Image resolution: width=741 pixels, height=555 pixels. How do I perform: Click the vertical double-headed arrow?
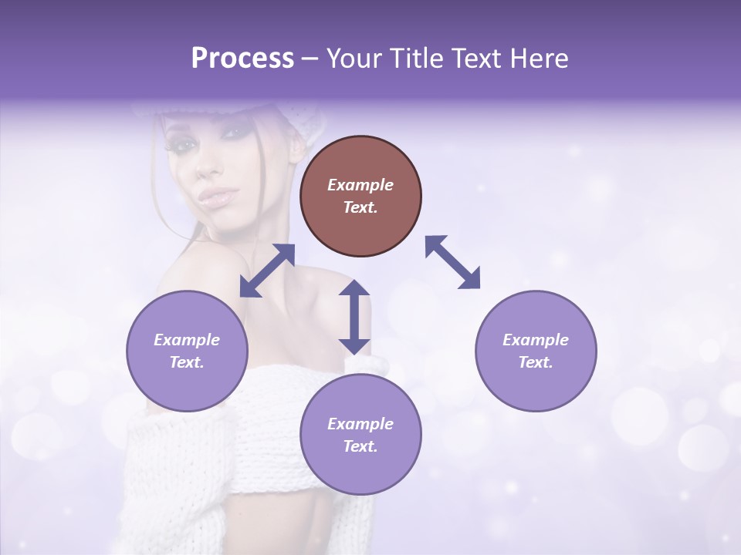[354, 317]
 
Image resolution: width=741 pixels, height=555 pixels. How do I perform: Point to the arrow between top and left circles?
[268, 271]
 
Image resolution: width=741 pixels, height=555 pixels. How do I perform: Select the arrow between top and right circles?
[452, 262]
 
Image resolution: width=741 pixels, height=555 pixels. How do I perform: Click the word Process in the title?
[242, 59]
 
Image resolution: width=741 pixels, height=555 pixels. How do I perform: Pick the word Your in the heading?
[355, 59]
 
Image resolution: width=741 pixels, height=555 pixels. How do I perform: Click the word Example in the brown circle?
[360, 185]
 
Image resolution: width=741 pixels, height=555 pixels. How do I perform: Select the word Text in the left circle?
[187, 362]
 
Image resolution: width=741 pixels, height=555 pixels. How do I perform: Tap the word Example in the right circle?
[536, 340]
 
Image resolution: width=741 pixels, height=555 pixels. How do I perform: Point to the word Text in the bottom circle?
[360, 446]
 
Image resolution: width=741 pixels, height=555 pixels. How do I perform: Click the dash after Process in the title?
[310, 59]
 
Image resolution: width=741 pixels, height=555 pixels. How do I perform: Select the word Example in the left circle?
[187, 340]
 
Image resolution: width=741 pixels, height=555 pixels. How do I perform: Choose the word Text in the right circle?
[536, 362]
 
